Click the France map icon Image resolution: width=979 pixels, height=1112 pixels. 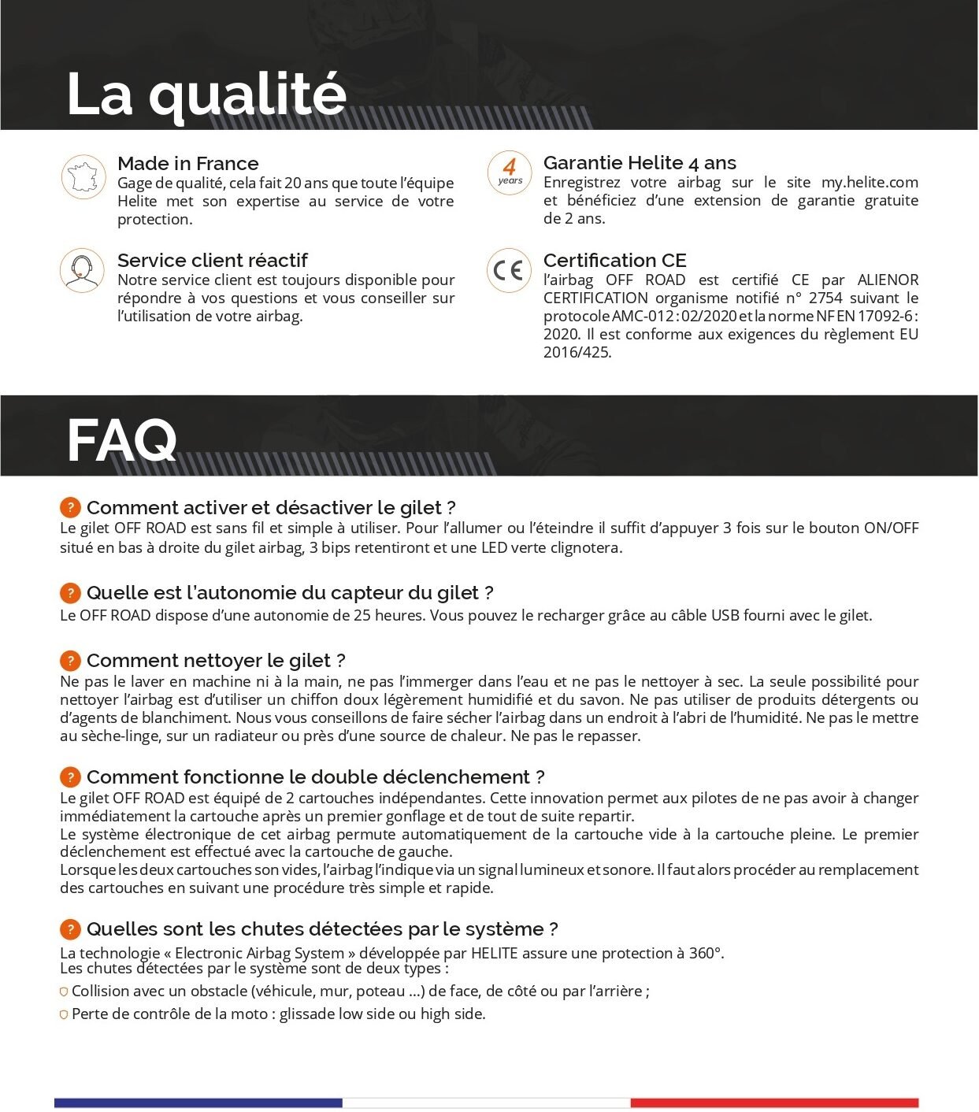(x=83, y=177)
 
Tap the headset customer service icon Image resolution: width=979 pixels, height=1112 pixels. (x=82, y=270)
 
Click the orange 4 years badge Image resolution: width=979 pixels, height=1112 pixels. (x=509, y=172)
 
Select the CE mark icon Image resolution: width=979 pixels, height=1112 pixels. (x=509, y=270)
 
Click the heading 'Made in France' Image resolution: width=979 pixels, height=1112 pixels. (x=187, y=163)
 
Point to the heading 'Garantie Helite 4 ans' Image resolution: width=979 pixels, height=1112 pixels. (x=640, y=162)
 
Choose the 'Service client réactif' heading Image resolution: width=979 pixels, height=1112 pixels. (x=212, y=260)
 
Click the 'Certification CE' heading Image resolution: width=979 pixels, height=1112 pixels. (x=614, y=260)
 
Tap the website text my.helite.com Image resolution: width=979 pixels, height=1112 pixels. (x=870, y=182)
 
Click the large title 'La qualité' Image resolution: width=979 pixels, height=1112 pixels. (x=206, y=95)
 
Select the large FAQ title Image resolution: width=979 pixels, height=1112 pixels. (x=121, y=441)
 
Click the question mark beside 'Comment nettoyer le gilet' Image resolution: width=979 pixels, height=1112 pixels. (x=70, y=661)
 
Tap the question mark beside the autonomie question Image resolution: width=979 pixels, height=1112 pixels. (x=70, y=593)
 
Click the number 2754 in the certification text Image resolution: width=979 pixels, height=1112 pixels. (x=825, y=298)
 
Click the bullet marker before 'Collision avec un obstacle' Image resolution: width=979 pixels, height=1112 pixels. (x=64, y=992)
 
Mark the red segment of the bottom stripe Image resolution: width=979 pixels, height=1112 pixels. (x=774, y=1103)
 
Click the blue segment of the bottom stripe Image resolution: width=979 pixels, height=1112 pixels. (x=198, y=1103)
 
